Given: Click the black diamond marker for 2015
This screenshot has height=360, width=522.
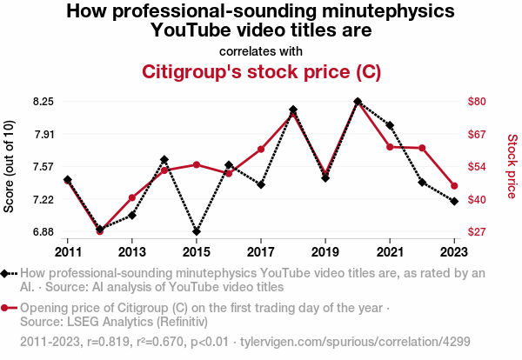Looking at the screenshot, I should click(x=197, y=232).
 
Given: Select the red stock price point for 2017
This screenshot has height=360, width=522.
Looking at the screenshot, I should click(x=261, y=149).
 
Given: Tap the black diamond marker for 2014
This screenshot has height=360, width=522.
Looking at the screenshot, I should click(x=164, y=160).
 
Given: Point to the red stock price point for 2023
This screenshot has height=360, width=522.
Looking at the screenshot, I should click(x=454, y=186).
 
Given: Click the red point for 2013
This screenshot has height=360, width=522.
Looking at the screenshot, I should click(x=132, y=198).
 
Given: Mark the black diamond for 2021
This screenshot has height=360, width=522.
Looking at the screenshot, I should click(x=390, y=125).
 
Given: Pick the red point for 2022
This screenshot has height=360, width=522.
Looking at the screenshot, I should click(x=422, y=148).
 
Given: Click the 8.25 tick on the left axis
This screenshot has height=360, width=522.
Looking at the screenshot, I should click(x=43, y=102).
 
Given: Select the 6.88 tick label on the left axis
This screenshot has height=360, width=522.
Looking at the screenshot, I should click(x=43, y=232).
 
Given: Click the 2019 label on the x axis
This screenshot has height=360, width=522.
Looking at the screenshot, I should click(x=325, y=252).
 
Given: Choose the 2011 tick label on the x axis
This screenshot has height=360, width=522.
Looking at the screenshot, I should click(x=68, y=252).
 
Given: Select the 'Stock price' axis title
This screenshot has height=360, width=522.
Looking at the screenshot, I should click(x=512, y=165).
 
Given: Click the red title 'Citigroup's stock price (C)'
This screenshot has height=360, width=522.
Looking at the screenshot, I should click(x=261, y=70).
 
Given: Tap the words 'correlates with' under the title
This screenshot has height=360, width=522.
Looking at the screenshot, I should click(x=261, y=50).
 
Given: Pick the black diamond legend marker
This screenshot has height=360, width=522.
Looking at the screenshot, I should click(x=9, y=273).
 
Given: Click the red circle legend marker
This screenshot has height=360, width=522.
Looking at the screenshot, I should click(x=9, y=308).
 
